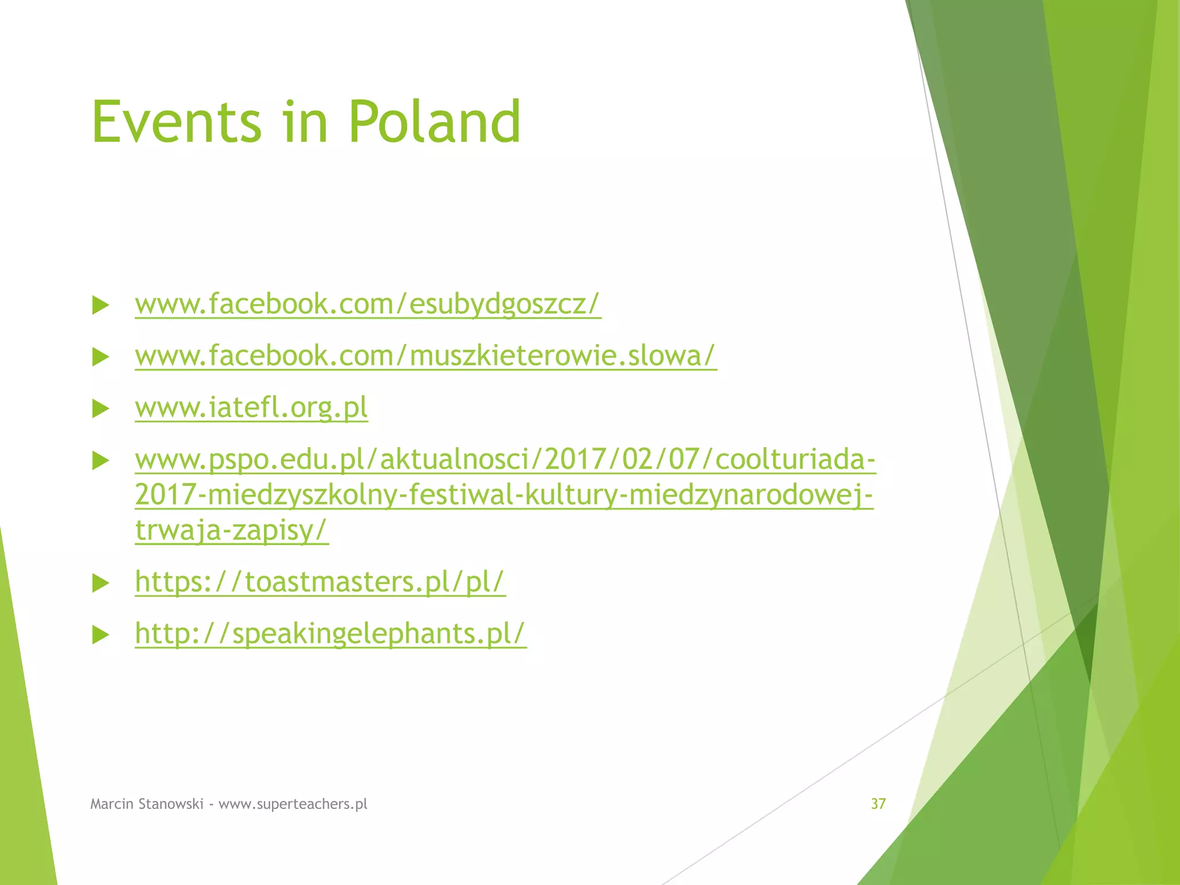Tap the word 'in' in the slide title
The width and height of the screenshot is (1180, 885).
pos(305,122)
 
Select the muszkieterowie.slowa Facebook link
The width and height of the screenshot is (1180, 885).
pos(425,355)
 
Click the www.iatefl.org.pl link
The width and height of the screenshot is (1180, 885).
pos(251,407)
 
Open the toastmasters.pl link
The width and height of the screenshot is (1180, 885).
pos(320,581)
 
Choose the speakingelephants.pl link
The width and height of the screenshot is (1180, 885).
pos(330,633)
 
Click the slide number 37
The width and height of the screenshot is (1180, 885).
pos(878,804)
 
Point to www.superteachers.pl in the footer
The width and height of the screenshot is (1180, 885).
pos(293,804)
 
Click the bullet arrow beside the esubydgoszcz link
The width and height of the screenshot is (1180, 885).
pos(101,305)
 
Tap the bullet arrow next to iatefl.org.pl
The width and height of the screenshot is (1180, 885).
pos(101,409)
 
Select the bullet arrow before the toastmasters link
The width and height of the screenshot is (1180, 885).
pos(101,584)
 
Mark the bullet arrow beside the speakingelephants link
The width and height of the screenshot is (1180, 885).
pos(101,635)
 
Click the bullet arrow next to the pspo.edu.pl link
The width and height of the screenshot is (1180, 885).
pos(101,461)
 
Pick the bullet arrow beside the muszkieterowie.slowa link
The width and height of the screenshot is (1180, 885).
pos(101,357)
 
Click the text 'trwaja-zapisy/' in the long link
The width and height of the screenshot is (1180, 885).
pos(231,530)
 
